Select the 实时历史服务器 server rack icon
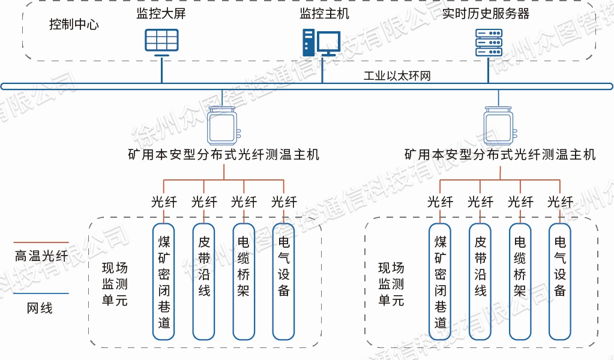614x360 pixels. pyautogui.click(x=488, y=42)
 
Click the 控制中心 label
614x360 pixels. pyautogui.click(x=74, y=25)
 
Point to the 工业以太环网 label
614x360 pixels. pyautogui.click(x=397, y=76)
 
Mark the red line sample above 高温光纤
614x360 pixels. pyautogui.click(x=41, y=243)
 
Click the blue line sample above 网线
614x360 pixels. pyautogui.click(x=41, y=293)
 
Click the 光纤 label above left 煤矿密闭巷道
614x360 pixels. pyautogui.click(x=164, y=202)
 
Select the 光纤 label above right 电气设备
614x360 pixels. pyautogui.click(x=560, y=202)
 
